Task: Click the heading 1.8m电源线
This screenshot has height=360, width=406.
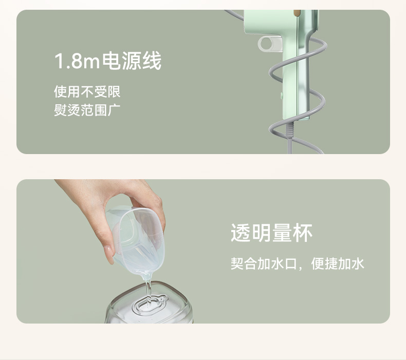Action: pyautogui.click(x=108, y=61)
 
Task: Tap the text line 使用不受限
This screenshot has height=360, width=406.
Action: pyautogui.click(x=87, y=91)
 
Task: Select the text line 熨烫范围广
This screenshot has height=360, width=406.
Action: pyautogui.click(x=87, y=110)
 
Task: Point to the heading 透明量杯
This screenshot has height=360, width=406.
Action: pyautogui.click(x=272, y=233)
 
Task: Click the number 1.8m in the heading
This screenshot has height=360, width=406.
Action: pyautogui.click(x=77, y=61)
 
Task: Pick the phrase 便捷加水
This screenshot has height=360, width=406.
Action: pyautogui.click(x=338, y=263)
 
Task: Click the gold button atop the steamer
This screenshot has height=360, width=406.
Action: pyautogui.click(x=298, y=12)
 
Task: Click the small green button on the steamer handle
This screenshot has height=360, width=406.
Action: pyautogui.click(x=282, y=96)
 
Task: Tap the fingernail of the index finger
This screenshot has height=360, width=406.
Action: pyautogui.click(x=109, y=254)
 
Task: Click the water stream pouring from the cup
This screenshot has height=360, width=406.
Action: pyautogui.click(x=149, y=293)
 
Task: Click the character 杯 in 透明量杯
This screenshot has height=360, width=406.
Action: pyautogui.click(x=303, y=233)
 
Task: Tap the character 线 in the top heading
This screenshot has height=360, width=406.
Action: pyautogui.click(x=152, y=61)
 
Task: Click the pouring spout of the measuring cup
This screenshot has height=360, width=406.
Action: pyautogui.click(x=145, y=277)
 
